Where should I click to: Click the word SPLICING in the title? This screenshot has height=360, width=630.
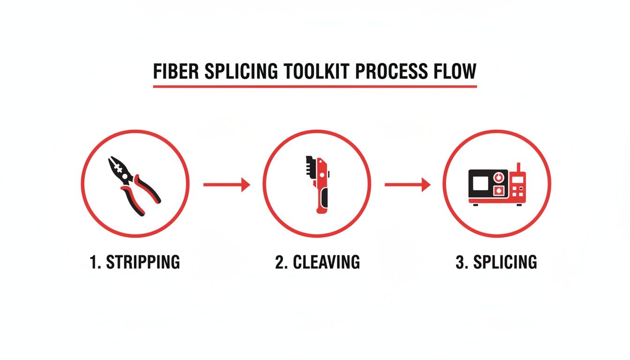[243, 71]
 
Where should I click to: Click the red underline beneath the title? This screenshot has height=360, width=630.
[315, 87]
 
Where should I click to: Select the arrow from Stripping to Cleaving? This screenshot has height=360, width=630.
[226, 185]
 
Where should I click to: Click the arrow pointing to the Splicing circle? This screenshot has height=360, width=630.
[407, 185]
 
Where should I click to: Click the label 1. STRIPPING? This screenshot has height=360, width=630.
[135, 262]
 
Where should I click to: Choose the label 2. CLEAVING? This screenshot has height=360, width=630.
[317, 262]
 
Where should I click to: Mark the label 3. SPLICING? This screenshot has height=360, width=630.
[496, 262]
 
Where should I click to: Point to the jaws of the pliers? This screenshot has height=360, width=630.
[117, 166]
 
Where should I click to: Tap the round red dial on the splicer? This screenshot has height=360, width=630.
[498, 177]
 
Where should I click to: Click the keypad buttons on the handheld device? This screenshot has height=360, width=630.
[517, 190]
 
